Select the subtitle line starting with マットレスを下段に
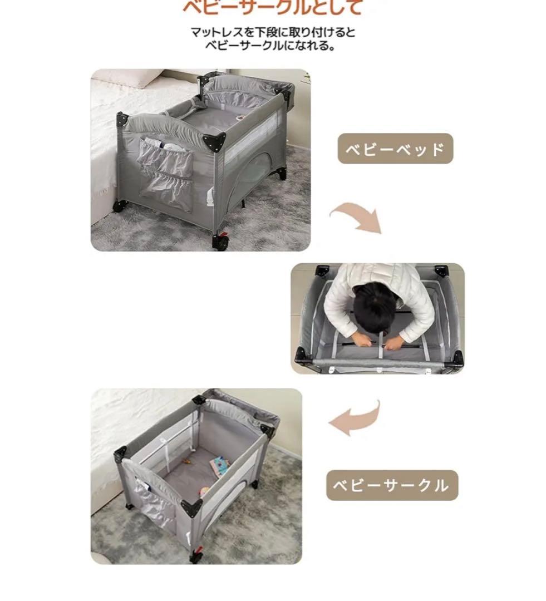coord(273,32)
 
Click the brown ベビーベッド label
coord(395,149)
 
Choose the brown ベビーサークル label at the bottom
coord(391,485)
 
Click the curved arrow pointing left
coord(356,418)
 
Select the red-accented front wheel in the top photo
coord(221,241)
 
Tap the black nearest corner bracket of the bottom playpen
coord(191,508)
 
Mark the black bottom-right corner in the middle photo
coord(456,358)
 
